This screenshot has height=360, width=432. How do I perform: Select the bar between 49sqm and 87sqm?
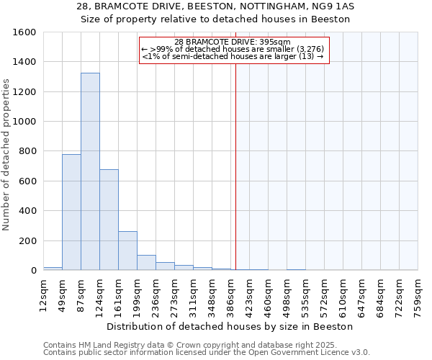[x=71, y=212]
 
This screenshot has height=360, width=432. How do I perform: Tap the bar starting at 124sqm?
[x=109, y=220]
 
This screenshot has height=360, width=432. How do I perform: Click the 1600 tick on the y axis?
[x=24, y=32]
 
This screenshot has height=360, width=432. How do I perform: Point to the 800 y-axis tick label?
[x=27, y=151]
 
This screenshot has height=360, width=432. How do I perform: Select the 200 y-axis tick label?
[x=27, y=240]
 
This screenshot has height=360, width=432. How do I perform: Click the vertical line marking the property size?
[x=235, y=166]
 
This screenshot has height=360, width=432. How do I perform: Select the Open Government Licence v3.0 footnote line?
[x=207, y=353]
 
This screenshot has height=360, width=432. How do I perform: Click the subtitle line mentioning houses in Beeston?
[x=216, y=19]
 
